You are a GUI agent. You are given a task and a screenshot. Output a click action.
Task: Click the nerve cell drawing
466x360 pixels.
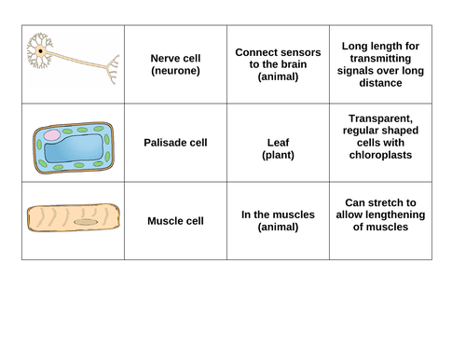click(73, 62)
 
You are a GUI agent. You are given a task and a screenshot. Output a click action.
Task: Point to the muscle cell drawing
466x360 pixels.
click(73, 219)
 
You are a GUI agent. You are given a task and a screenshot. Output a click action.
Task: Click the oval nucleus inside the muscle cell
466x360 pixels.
click(89, 223)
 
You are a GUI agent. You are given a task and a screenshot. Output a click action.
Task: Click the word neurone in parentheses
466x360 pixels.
click(175, 70)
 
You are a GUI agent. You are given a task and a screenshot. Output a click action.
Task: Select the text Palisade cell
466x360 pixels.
click(175, 143)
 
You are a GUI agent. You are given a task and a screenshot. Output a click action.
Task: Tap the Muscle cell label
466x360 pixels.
click(175, 221)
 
